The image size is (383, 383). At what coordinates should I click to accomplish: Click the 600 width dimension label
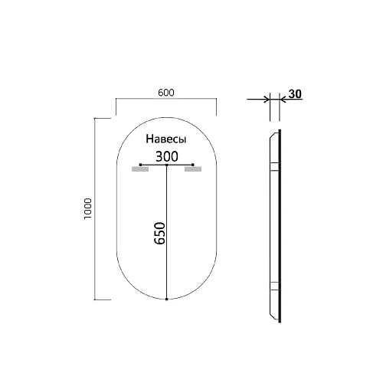click(x=165, y=92)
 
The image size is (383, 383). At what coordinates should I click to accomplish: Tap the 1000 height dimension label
click(x=89, y=209)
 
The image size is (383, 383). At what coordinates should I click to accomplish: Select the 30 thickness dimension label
click(x=294, y=94)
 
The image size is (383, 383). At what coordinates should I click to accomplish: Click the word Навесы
click(x=165, y=141)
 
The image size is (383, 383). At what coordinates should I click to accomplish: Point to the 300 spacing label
click(x=165, y=155)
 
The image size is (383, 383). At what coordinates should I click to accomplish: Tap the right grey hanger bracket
click(x=192, y=171)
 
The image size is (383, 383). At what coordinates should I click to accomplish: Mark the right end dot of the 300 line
click(x=194, y=164)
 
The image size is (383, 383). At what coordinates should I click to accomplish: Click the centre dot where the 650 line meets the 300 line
click(x=166, y=164)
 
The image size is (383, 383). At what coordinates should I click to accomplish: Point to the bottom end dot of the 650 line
click(x=166, y=300)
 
